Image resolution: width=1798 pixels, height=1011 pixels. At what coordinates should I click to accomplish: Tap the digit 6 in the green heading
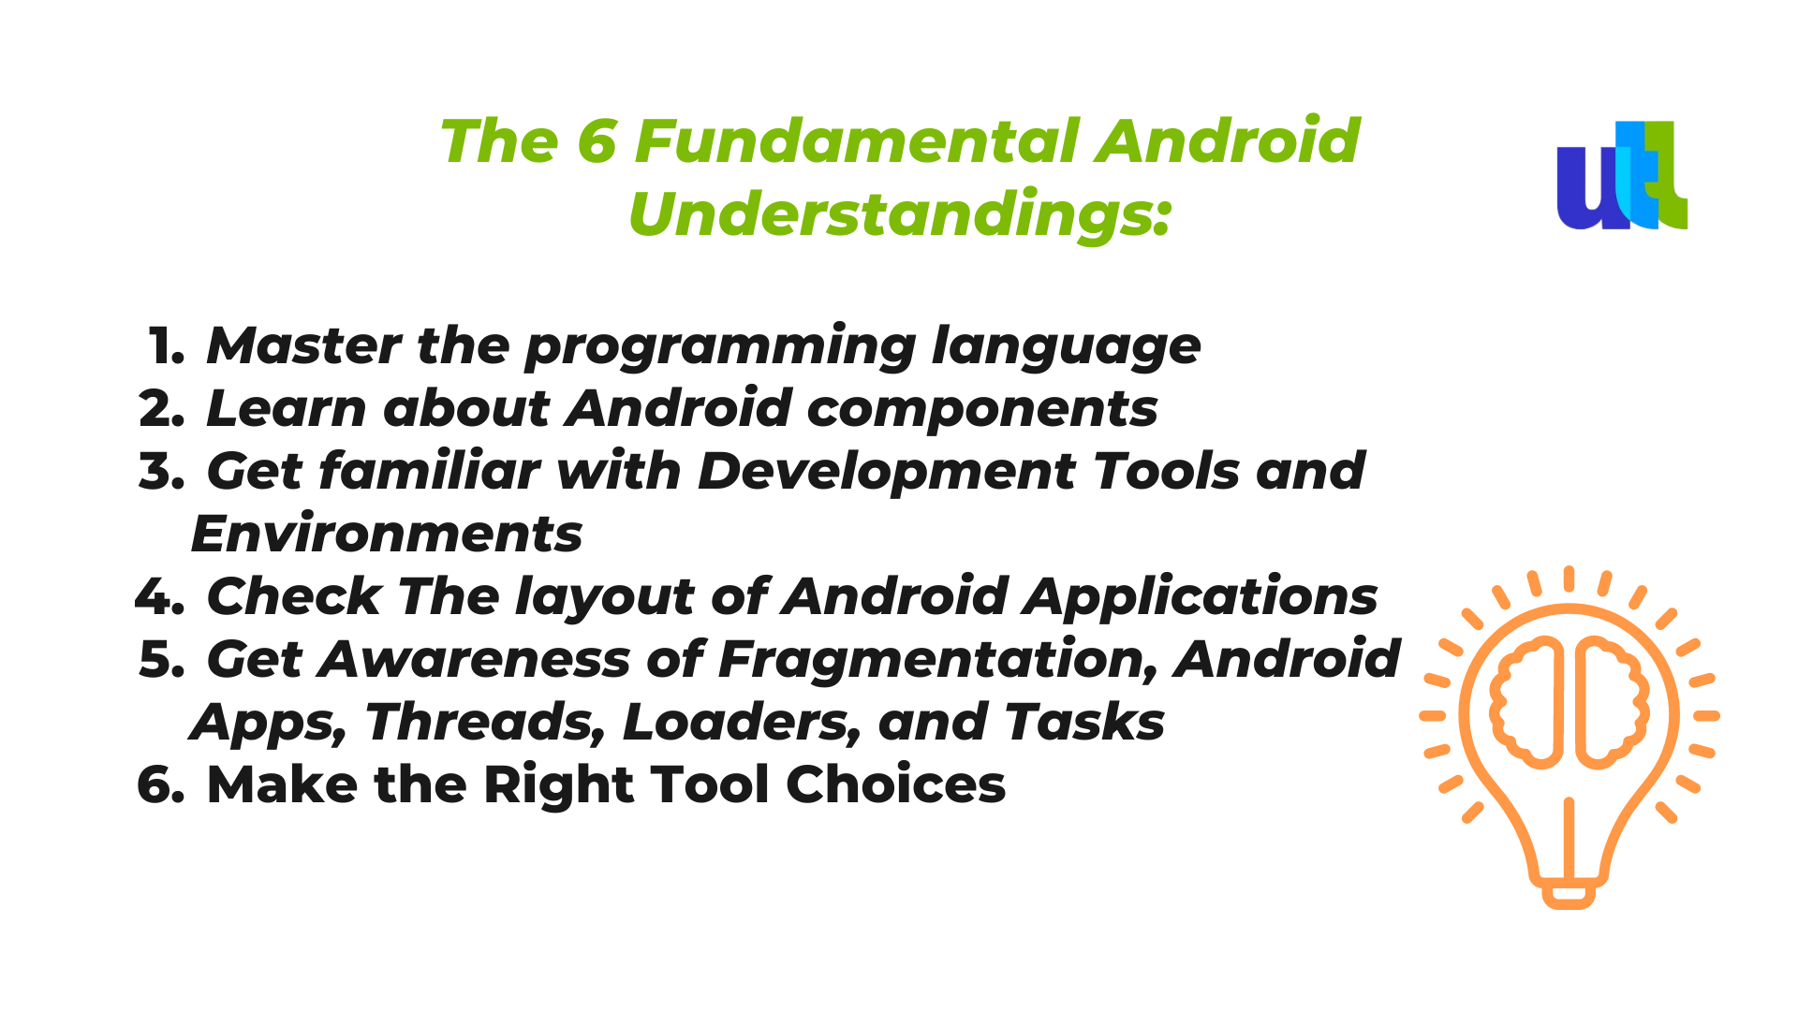597,141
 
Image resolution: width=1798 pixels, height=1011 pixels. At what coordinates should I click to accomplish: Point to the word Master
304,345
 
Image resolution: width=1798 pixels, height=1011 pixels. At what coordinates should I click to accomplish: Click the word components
982,410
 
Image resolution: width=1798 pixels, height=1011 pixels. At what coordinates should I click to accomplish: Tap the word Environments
387,535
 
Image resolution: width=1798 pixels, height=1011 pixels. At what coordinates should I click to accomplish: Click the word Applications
1201,597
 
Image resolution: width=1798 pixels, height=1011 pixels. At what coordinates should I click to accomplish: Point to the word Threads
485,723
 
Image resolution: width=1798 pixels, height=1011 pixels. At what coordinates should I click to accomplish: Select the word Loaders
742,723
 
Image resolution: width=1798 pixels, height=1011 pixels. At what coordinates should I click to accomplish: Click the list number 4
159,596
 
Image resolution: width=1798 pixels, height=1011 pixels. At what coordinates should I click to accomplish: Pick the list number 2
161,409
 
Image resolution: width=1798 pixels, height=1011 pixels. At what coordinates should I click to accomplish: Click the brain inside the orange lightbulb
1570,702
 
